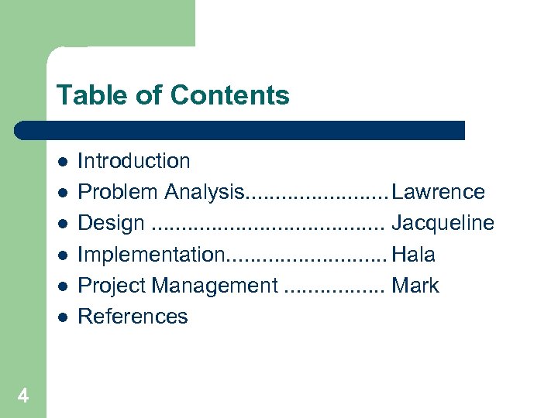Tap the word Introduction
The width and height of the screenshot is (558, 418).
134,161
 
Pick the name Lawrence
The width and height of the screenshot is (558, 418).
439,192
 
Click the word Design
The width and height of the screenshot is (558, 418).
111,223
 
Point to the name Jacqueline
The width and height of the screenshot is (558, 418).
443,223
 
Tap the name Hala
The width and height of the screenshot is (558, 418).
414,254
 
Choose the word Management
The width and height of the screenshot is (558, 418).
215,286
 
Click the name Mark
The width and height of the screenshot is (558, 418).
415,286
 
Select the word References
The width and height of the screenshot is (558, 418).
133,317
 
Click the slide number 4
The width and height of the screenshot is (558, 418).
23,396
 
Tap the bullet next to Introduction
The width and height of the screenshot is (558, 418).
61,161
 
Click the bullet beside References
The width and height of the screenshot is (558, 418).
61,317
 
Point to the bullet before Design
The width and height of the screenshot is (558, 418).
61,223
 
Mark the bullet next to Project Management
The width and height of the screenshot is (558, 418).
61,286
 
